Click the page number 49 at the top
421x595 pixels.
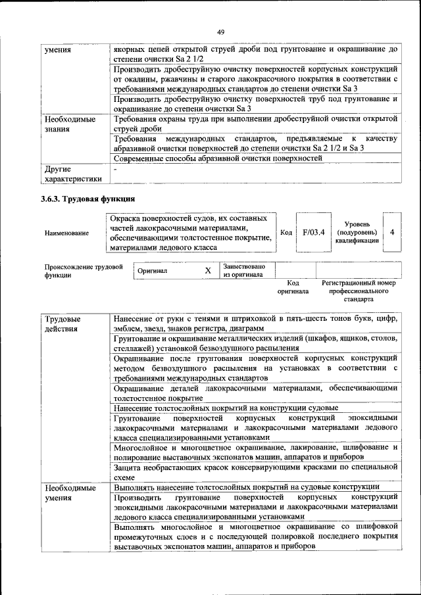point(220,32)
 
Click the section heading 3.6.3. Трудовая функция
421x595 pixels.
point(88,198)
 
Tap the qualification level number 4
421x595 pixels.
point(392,232)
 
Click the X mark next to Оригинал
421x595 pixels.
point(208,270)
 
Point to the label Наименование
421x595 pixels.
point(67,233)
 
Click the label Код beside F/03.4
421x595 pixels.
point(286,232)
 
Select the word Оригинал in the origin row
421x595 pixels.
point(153,270)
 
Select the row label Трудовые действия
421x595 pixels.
point(61,323)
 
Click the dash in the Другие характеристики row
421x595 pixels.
point(115,170)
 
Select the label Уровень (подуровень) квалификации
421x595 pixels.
point(357,232)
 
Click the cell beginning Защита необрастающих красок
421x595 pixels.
point(255,471)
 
